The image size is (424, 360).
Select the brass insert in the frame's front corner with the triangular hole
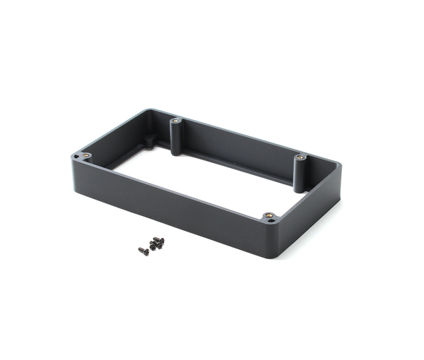(x=268, y=215)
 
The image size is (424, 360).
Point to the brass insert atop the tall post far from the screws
(x=300, y=157)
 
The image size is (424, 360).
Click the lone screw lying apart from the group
(x=143, y=251)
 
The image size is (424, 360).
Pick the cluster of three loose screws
(x=157, y=244)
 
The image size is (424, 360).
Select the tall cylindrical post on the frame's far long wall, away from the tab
(x=300, y=173)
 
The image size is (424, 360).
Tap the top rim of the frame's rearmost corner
(x=151, y=111)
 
